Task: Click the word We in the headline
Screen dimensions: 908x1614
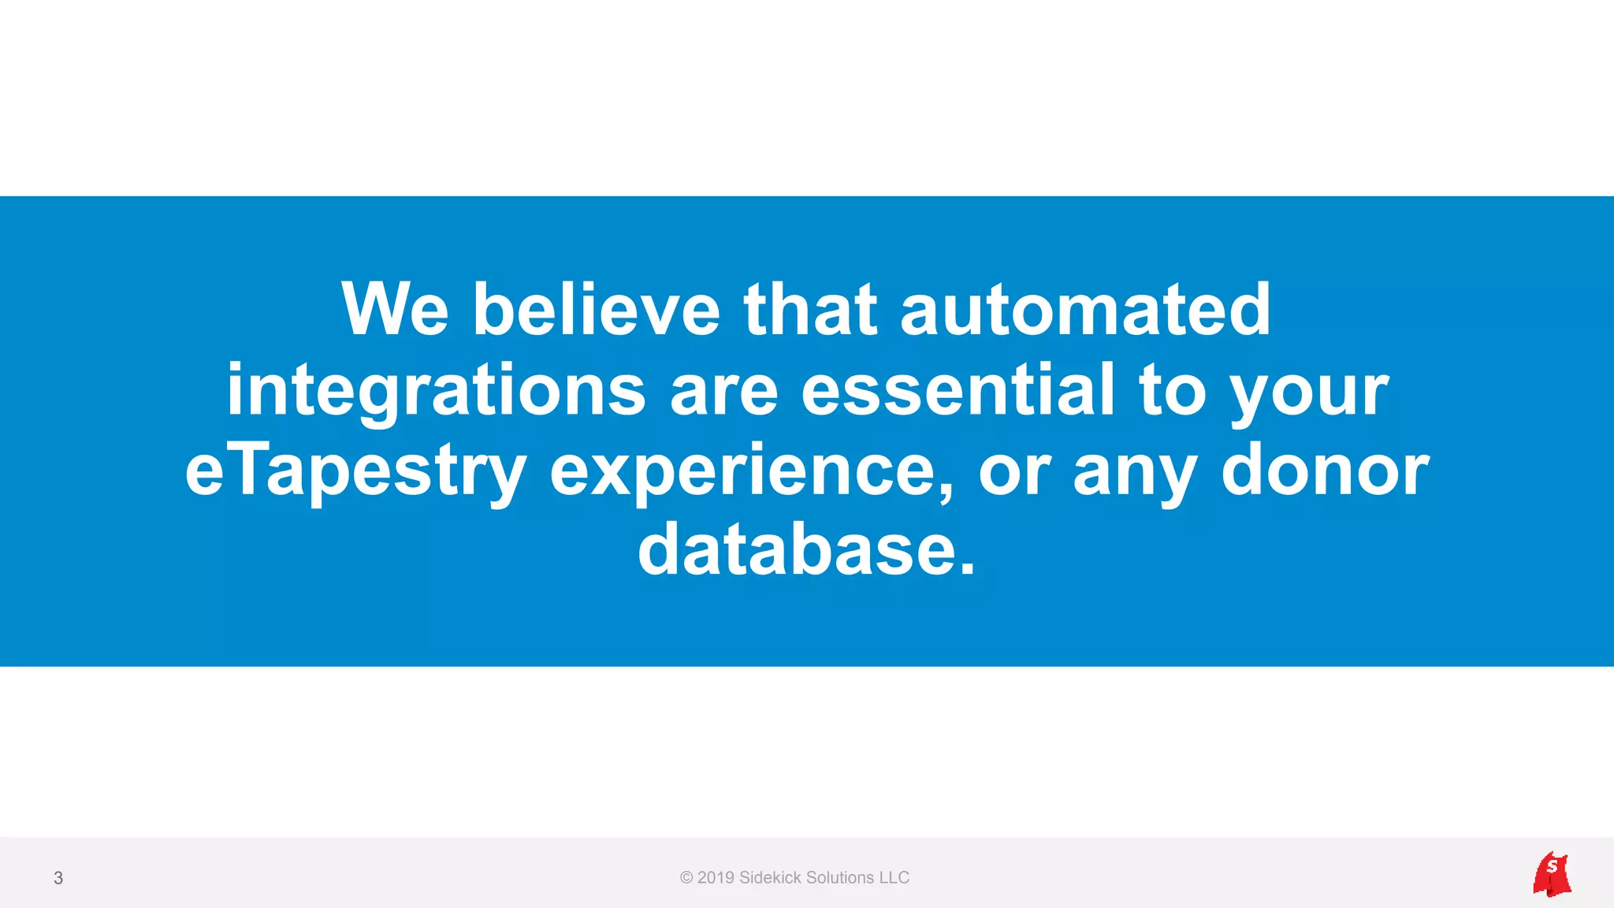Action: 395,309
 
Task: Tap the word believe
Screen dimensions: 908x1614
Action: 596,309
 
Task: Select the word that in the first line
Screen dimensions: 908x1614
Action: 810,309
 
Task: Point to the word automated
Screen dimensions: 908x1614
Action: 1085,309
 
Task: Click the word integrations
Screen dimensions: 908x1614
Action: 436,391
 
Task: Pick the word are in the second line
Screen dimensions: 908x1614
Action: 723,391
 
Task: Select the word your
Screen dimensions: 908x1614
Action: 1308,391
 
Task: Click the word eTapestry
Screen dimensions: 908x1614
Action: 355,471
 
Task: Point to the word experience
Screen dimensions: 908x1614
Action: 751,471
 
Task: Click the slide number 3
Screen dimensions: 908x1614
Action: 58,878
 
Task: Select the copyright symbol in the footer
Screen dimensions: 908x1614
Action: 686,878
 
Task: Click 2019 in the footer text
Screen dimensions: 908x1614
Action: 716,878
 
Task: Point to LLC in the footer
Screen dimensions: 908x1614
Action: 894,878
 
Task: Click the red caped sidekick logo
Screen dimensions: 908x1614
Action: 1552,874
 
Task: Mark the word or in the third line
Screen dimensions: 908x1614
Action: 1014,471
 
